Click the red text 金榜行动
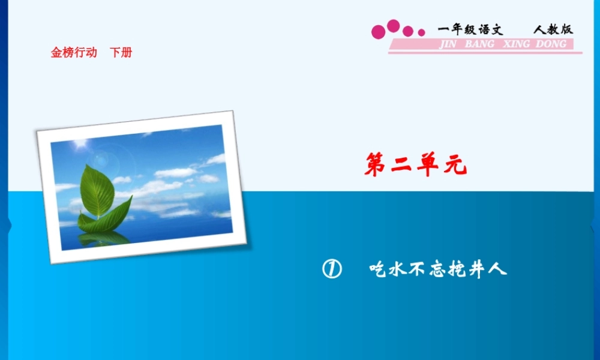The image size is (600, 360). point(74,53)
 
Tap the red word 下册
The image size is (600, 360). point(121,53)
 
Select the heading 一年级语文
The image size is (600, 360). point(470,29)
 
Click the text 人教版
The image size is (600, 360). point(553,29)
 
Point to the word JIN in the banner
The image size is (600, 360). point(448,44)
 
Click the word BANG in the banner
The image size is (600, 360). point(480,44)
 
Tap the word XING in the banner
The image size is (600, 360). point(516,44)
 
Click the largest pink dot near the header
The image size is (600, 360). point(393,26)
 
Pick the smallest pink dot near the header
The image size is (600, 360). point(422,32)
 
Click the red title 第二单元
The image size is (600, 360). point(415,165)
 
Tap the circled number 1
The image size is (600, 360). point(331,269)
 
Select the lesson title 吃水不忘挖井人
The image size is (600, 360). point(438,269)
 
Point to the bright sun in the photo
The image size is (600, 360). point(78,145)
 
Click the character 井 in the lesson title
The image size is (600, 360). point(477,269)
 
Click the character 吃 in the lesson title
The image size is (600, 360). point(380,269)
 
